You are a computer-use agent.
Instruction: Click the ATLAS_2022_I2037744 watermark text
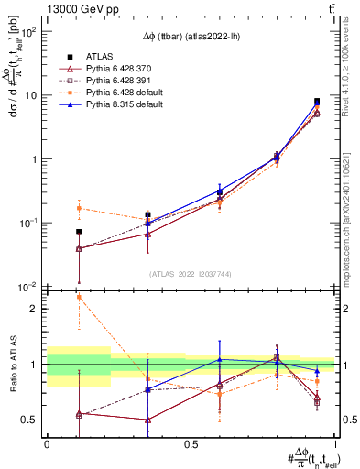[191, 274]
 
